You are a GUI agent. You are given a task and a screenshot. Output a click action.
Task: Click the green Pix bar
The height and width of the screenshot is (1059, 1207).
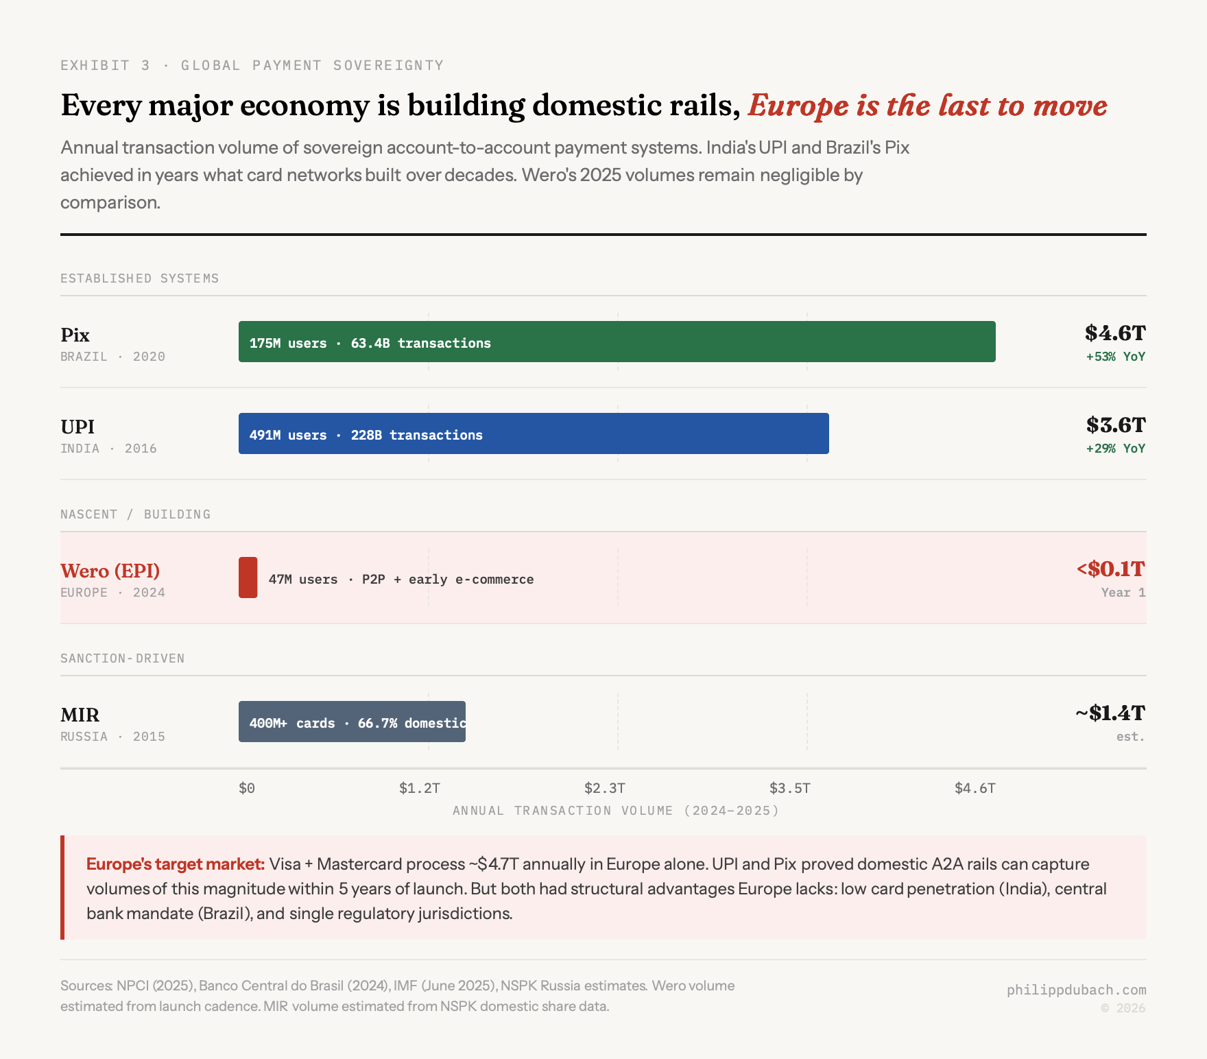coord(617,342)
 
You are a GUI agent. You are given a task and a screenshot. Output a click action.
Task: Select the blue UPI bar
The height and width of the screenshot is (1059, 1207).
coord(534,433)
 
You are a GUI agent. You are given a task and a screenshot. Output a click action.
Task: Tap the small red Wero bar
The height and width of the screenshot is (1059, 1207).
coord(248,578)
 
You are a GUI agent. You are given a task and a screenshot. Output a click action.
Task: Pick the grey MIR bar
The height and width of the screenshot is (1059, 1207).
coord(352,722)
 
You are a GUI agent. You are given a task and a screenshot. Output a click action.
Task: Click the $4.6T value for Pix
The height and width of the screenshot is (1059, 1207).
coord(1115,333)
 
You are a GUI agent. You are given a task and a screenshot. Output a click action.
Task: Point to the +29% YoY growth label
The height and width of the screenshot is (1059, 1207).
coord(1115,449)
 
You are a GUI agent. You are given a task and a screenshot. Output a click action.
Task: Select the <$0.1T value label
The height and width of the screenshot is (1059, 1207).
coord(1111,569)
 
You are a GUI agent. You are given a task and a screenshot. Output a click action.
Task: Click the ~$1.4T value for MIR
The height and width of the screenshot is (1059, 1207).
coord(1110,713)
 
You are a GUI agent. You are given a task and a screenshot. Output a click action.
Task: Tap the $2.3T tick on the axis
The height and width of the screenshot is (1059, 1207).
coord(604,788)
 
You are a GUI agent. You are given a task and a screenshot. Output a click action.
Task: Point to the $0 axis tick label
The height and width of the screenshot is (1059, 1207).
coord(247,788)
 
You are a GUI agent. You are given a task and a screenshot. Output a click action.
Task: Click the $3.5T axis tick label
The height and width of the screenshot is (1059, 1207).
coord(789,788)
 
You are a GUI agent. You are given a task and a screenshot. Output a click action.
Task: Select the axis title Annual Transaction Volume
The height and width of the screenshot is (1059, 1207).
coord(616,811)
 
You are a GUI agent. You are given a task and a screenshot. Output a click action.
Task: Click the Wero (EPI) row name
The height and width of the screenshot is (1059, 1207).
coord(110,571)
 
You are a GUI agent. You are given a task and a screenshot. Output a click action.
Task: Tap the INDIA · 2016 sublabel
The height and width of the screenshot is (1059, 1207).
coord(108,449)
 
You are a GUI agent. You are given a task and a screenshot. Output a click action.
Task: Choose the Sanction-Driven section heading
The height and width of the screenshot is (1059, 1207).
coord(123,658)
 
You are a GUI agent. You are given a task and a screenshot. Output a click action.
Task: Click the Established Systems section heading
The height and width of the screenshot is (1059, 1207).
coord(140,278)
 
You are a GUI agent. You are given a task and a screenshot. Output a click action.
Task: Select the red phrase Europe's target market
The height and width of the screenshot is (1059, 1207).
coord(176,864)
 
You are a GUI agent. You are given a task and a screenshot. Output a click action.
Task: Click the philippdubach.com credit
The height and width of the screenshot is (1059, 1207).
coord(1076,990)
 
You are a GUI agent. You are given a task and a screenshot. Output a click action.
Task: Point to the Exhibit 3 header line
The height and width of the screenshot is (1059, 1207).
coord(252,65)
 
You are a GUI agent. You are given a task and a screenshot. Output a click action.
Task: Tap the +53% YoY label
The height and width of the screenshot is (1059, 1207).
coord(1115,357)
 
